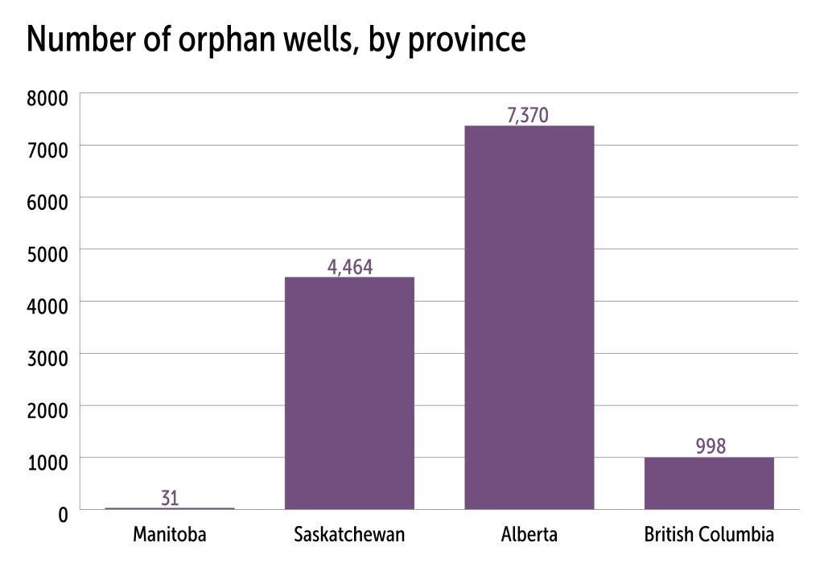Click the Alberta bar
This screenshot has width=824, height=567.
tap(529, 318)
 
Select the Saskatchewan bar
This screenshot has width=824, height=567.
tap(349, 393)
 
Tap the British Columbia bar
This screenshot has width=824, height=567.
tap(709, 483)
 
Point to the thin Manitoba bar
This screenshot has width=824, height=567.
tap(170, 508)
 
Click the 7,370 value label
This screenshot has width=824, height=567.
tap(528, 115)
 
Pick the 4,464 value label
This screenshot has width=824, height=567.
tap(350, 267)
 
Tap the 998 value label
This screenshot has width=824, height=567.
tap(711, 446)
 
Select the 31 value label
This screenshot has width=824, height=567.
tap(170, 498)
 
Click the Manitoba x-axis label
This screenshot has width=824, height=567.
tap(170, 535)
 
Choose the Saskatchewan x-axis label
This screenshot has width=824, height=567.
tap(349, 535)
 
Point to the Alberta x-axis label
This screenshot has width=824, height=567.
tap(529, 535)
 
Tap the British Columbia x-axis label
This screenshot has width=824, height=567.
tap(709, 535)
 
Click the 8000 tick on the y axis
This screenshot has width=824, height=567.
tap(47, 98)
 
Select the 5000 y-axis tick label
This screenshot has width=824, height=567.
tap(47, 254)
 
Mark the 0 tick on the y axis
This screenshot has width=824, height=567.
tap(63, 515)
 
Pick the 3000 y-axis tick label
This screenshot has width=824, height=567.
tap(47, 359)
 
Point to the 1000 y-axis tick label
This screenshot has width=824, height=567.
tap(47, 462)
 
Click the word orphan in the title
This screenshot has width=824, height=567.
tap(228, 40)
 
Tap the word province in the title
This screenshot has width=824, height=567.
tap(467, 40)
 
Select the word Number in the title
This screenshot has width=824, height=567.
tap(81, 39)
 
